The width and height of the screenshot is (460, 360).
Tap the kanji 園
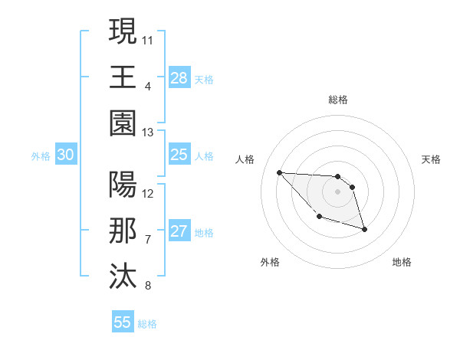click(x=123, y=123)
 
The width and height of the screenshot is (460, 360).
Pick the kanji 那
click(x=123, y=231)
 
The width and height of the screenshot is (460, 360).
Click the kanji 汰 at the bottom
click(x=123, y=277)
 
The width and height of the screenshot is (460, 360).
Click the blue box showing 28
click(x=179, y=77)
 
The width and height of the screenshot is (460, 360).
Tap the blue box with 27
click(x=179, y=231)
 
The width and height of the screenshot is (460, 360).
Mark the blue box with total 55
click(x=123, y=322)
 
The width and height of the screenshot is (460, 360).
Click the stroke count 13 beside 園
click(x=148, y=133)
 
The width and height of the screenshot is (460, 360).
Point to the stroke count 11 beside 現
click(x=148, y=38)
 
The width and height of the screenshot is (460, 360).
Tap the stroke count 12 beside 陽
click(x=148, y=193)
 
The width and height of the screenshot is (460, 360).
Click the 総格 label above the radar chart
click(x=338, y=100)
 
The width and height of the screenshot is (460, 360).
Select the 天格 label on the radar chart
click(x=432, y=159)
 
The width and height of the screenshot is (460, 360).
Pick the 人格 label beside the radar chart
click(x=245, y=159)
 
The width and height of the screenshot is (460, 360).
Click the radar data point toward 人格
click(x=279, y=172)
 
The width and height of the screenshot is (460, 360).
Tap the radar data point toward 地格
click(x=364, y=229)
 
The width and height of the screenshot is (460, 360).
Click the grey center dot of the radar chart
click(x=338, y=191)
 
